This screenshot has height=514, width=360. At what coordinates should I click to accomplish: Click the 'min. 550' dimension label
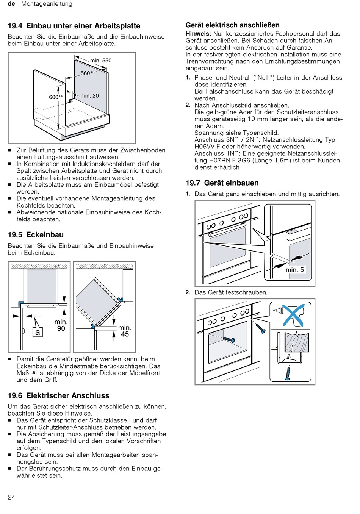point(100,61)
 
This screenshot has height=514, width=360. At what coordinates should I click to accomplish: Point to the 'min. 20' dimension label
point(89,96)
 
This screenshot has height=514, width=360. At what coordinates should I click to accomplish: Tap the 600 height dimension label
point(56,97)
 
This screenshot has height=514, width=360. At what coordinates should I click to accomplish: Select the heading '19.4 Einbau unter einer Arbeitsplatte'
point(74,26)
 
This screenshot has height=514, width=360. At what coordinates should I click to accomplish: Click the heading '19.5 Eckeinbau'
point(36,234)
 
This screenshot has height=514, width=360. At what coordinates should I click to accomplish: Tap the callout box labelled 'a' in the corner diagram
point(38,332)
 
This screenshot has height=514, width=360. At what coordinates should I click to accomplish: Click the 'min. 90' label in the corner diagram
point(61,325)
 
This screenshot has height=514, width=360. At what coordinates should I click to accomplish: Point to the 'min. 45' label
point(125,331)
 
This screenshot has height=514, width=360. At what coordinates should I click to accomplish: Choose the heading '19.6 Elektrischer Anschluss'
point(58,395)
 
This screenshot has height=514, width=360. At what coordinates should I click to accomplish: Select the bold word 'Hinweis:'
point(198,34)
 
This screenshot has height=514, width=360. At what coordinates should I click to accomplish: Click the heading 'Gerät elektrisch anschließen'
point(233,25)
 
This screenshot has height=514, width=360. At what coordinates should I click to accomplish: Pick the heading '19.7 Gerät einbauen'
point(222,183)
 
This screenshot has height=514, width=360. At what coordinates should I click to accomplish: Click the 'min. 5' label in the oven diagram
point(294,269)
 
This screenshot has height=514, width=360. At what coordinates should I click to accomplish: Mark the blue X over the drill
point(293,315)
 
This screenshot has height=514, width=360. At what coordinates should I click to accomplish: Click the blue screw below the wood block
point(288,373)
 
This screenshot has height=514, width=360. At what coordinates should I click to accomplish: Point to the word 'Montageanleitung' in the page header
point(47,4)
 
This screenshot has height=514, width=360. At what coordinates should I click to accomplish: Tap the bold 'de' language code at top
point(11,4)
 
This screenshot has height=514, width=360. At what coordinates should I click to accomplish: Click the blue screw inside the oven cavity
point(229,339)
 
